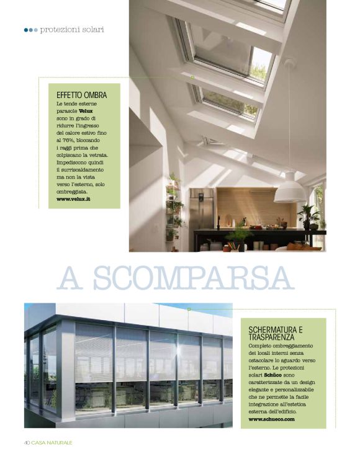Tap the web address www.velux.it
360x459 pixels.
73,199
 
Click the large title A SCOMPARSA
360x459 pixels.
175,279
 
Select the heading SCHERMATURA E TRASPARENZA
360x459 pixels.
275,332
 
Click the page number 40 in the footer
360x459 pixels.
27,442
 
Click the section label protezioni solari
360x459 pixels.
71,29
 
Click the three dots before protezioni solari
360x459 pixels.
31,29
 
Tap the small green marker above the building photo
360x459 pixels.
189,308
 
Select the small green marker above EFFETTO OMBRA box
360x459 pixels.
192,78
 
